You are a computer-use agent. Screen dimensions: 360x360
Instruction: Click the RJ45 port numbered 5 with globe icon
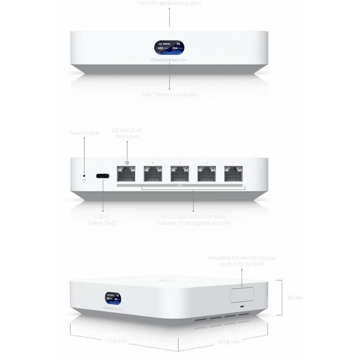[x=127, y=174]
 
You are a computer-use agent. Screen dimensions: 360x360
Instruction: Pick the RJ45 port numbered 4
[x=154, y=174]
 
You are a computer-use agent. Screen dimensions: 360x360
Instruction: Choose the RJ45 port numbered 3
[x=181, y=174]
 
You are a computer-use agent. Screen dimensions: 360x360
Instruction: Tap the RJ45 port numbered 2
[x=208, y=174]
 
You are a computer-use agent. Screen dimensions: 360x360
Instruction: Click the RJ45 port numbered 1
[x=234, y=174]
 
